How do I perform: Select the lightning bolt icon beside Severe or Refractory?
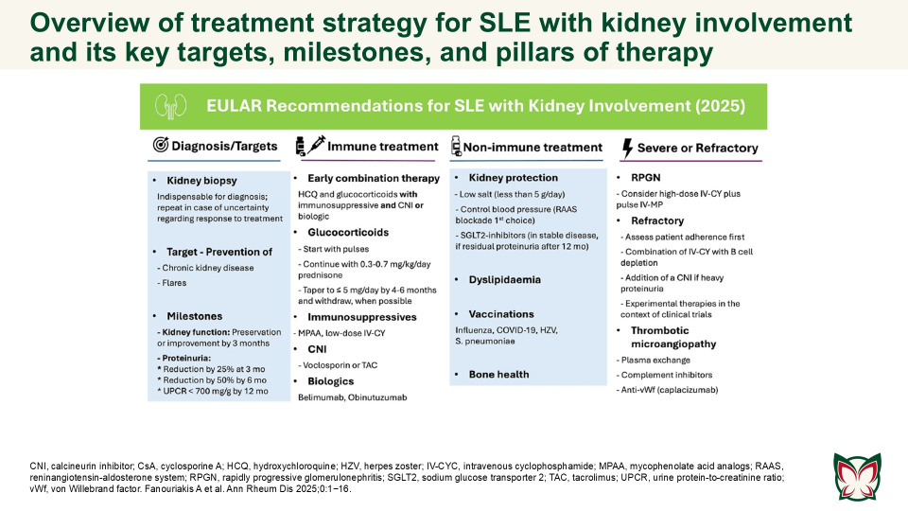626,148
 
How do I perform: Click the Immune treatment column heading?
381,147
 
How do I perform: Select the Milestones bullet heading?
196,315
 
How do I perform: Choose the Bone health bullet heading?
500,375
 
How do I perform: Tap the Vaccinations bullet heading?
501,314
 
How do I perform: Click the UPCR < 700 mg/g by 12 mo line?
215,390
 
